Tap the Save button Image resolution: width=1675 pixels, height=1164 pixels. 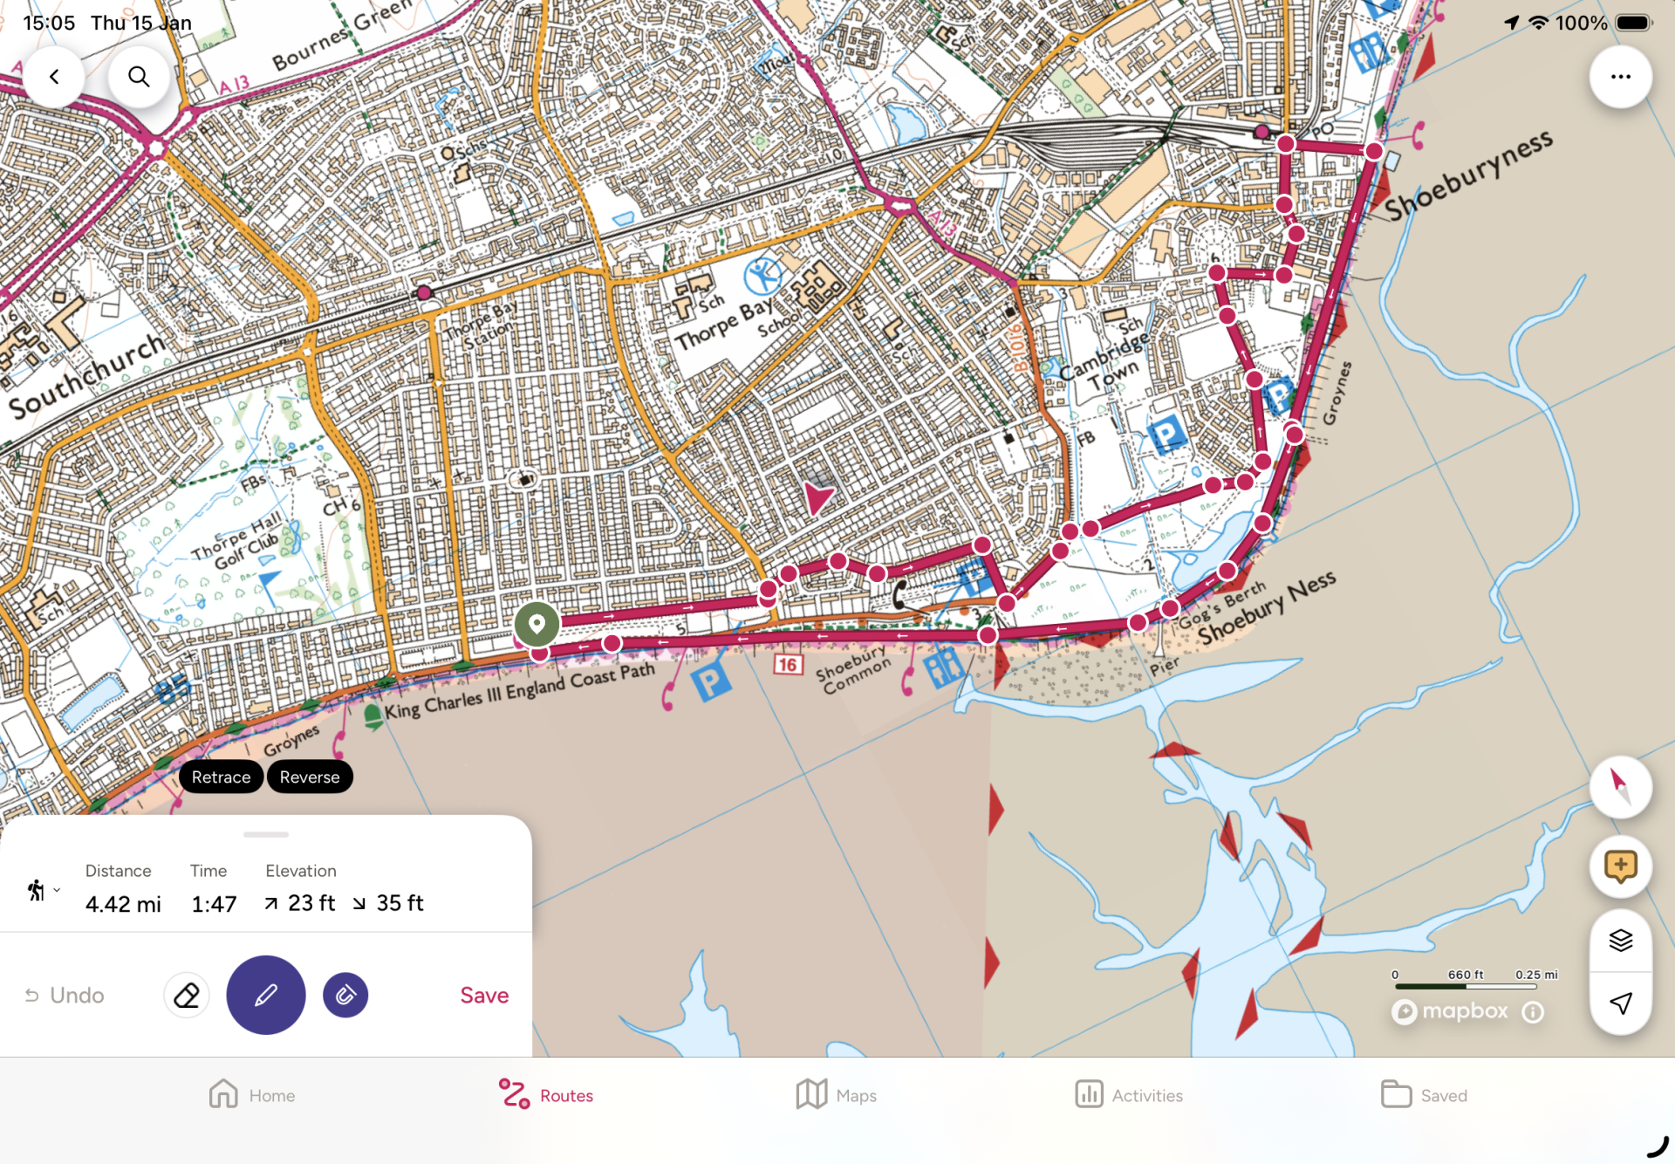click(x=484, y=996)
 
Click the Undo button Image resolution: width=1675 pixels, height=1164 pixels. click(x=65, y=996)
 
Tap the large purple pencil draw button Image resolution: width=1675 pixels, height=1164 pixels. click(x=266, y=996)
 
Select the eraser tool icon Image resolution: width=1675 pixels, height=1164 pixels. click(x=187, y=996)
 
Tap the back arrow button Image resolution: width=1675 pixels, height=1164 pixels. click(x=54, y=77)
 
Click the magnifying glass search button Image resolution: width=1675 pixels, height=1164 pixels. click(x=139, y=77)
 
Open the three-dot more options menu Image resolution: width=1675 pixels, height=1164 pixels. click(x=1620, y=77)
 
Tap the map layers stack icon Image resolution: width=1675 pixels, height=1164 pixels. click(x=1620, y=941)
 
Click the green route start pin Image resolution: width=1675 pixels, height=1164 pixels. click(x=537, y=624)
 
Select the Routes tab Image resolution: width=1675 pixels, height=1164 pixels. click(x=547, y=1095)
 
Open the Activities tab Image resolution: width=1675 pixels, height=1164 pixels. click(x=1130, y=1095)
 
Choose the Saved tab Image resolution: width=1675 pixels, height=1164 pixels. click(x=1424, y=1095)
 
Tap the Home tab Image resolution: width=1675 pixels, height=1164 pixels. click(x=252, y=1095)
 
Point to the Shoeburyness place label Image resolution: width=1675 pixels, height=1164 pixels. click(x=1468, y=175)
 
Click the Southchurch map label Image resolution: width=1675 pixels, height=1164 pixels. click(x=87, y=375)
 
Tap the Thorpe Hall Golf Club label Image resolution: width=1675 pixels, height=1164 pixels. click(x=237, y=541)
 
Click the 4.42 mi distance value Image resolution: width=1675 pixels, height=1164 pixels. click(x=123, y=904)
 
